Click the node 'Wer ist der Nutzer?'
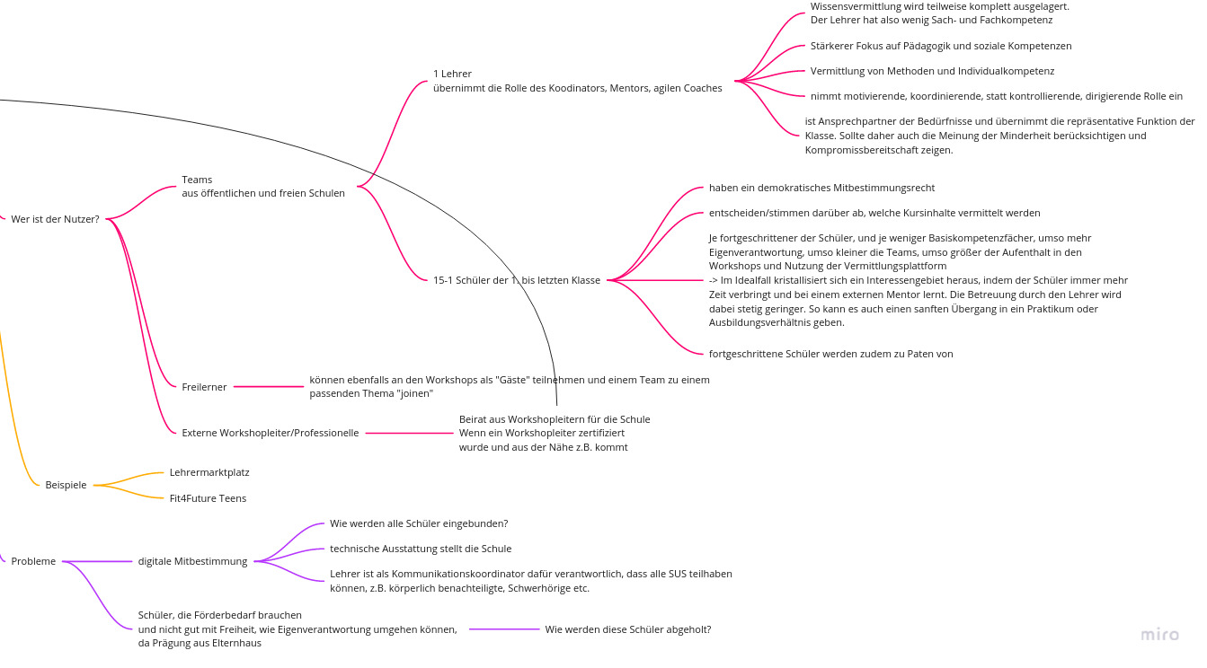point(55,219)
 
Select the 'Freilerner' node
point(204,387)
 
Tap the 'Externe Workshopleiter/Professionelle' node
point(270,433)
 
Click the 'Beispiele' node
point(66,485)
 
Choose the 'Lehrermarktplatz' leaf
point(209,472)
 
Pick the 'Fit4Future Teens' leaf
point(208,498)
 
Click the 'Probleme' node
point(33,561)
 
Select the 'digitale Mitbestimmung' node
point(192,561)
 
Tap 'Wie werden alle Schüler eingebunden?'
point(419,523)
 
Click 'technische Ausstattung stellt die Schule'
point(421,549)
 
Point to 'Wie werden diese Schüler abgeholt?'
point(627,629)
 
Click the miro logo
point(1159,635)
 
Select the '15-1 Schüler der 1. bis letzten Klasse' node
point(516,280)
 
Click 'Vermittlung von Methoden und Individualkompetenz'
point(932,71)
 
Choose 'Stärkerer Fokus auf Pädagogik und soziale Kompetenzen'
point(940,46)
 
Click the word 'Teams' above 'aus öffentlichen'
point(197,180)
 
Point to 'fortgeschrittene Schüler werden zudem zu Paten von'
point(830,354)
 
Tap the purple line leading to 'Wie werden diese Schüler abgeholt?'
point(503,629)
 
